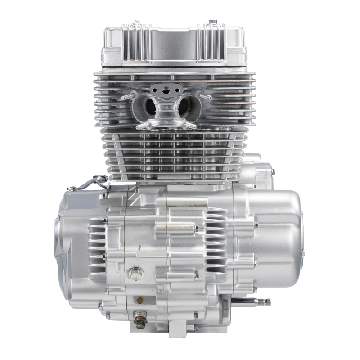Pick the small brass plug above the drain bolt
139,299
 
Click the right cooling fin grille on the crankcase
216,241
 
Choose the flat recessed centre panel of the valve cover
174,45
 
